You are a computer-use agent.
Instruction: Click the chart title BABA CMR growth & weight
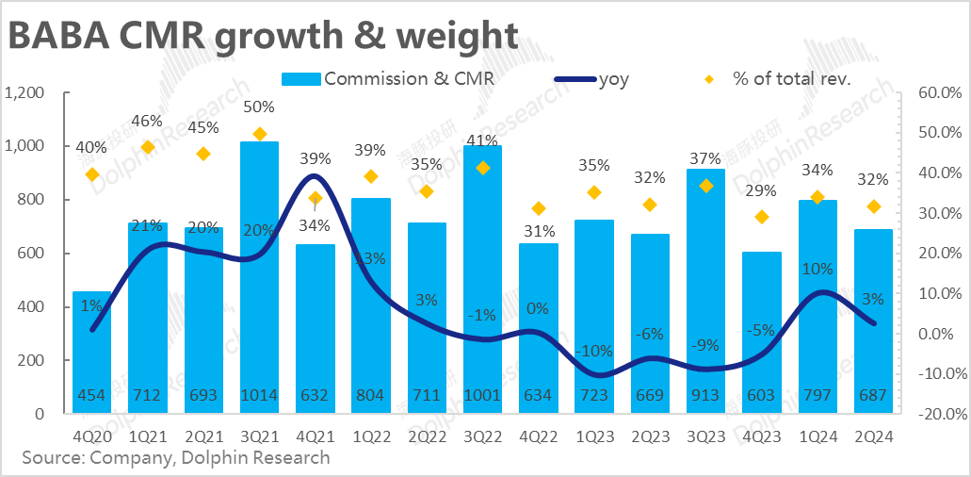[x=264, y=35]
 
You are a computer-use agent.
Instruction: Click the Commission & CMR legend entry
[x=396, y=79]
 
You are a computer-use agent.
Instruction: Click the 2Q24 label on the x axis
[x=872, y=436]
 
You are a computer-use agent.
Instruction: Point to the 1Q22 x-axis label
[x=370, y=436]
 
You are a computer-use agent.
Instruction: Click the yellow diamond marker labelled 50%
[x=260, y=134]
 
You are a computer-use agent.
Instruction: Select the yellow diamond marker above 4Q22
[x=538, y=208]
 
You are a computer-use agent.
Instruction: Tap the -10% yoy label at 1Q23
[x=593, y=351]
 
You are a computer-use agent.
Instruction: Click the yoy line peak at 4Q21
[x=316, y=176]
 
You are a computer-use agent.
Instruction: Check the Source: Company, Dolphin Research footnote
[x=176, y=458]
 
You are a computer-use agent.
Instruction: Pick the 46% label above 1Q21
[x=148, y=121]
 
